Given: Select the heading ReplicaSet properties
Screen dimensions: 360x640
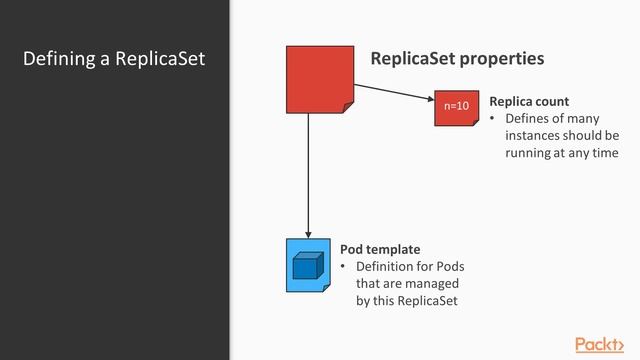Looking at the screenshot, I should point(457,58).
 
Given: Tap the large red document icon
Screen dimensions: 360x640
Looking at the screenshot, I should point(320,79).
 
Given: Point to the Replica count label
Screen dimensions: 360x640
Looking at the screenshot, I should point(529,102).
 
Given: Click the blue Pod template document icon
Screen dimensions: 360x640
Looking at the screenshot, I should point(308,265).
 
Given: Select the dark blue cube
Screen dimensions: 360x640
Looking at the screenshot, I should point(306,267).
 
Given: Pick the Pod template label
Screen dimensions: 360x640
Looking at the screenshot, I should point(380,249).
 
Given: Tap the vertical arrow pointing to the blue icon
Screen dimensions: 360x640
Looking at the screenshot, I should point(308,175).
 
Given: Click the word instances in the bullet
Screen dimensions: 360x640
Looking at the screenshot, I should point(535,136).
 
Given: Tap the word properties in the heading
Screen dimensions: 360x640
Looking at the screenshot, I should point(502,58).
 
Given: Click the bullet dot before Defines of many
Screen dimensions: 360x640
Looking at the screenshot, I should point(492,119).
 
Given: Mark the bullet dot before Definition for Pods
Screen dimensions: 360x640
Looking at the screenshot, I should point(343,267).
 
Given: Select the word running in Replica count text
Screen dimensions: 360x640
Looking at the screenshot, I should point(528,153).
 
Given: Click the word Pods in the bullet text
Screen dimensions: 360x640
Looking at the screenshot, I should point(450,267).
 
